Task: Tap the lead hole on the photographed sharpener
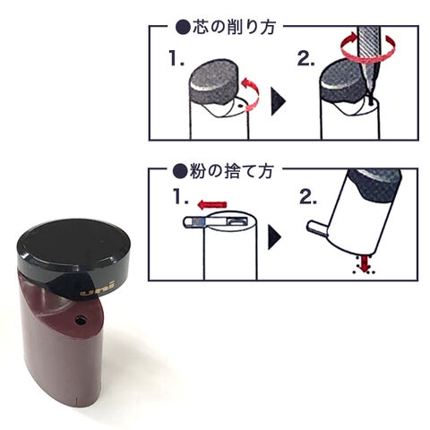(81, 320)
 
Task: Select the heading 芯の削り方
(234, 28)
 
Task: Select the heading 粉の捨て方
(232, 171)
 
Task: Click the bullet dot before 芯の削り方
(183, 28)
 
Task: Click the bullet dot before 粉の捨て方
(180, 171)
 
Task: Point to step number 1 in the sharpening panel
(176, 58)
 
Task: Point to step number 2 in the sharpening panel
(306, 58)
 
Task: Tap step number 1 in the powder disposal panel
(181, 197)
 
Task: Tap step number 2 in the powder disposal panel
(308, 197)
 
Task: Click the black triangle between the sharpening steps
(278, 101)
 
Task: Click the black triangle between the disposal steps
(274, 237)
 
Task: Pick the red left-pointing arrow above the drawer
(212, 205)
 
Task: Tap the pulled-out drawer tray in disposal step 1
(215, 222)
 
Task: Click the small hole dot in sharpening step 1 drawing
(239, 106)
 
